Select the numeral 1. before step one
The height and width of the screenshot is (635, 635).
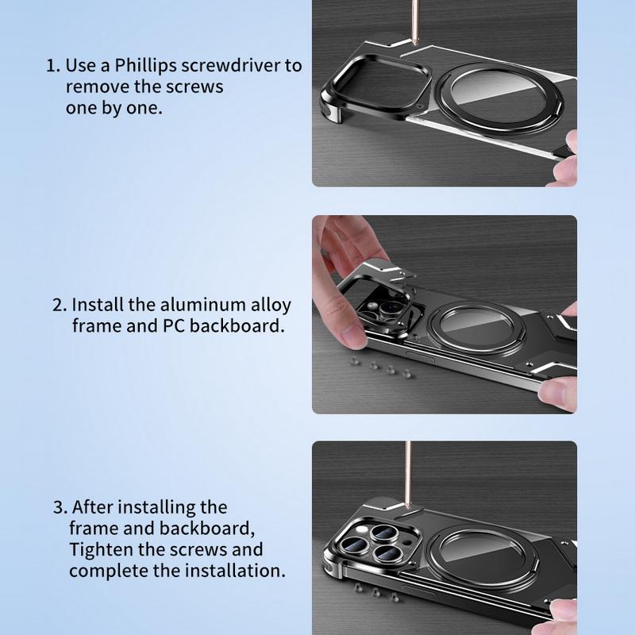[x=53, y=66]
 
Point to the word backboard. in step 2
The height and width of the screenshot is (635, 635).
[x=237, y=325]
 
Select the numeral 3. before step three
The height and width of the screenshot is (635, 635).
[x=60, y=507]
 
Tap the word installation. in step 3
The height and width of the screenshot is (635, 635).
[x=235, y=571]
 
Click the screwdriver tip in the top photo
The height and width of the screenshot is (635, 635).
[x=414, y=42]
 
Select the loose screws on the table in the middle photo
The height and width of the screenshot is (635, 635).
[x=382, y=368]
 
